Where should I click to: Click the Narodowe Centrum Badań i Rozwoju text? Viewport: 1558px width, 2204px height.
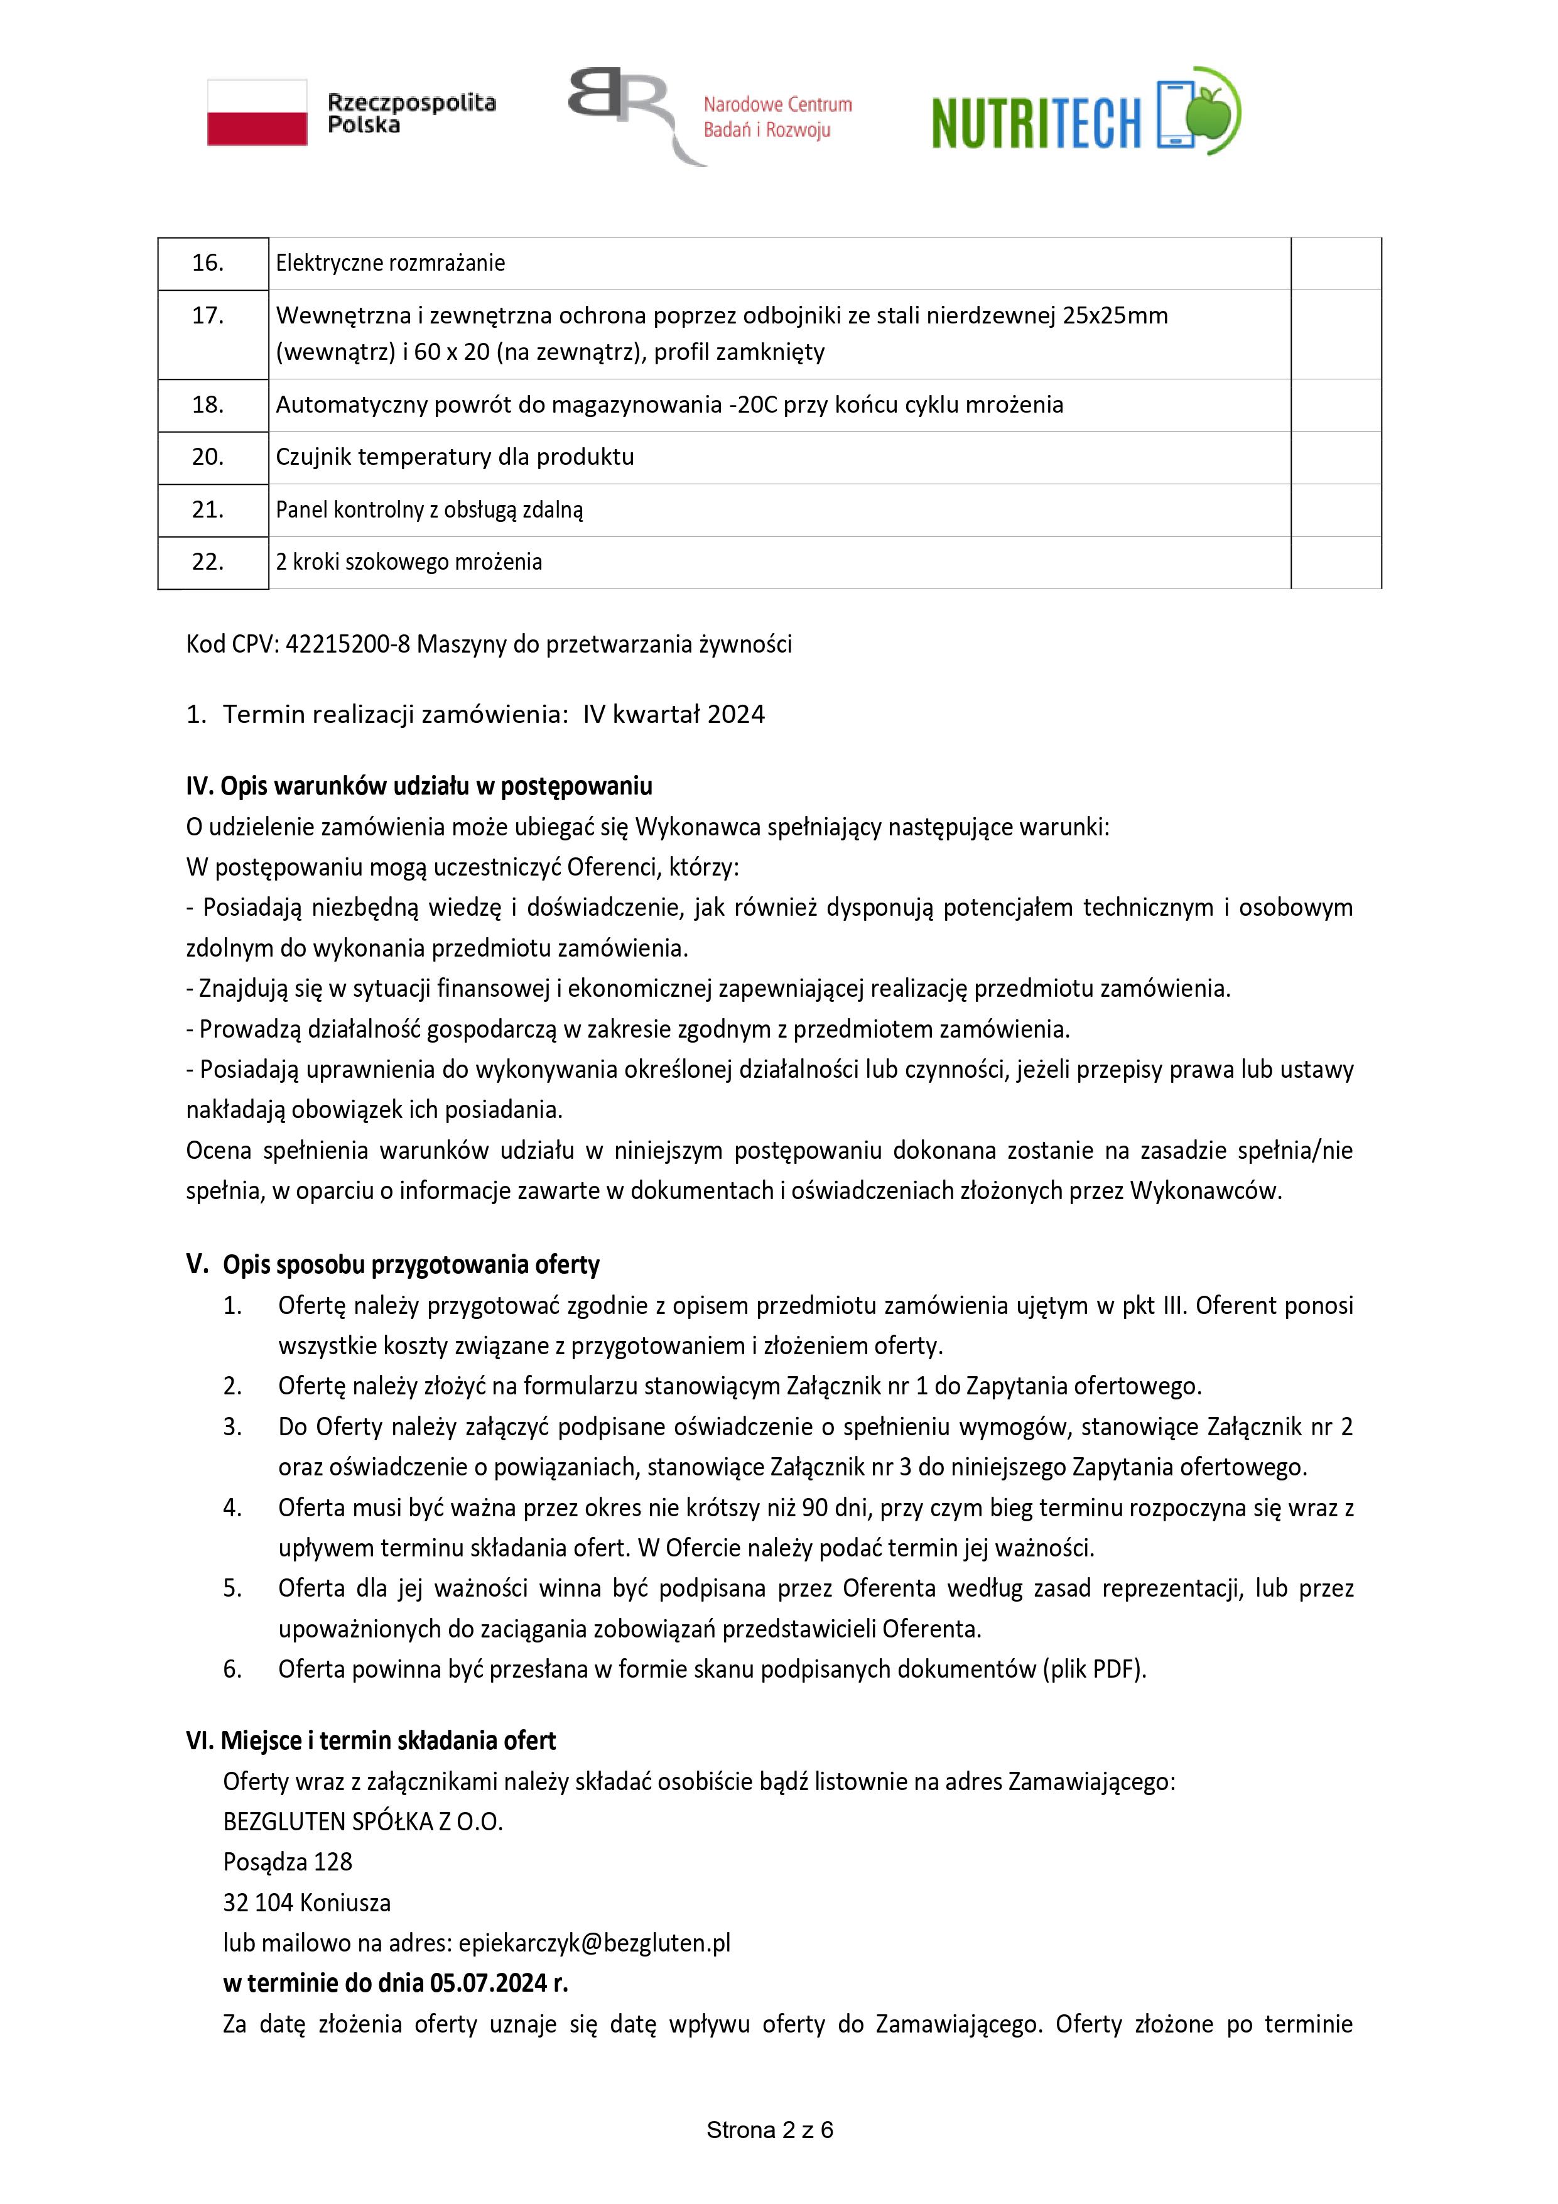[777, 117]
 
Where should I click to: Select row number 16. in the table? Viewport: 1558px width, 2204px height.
[208, 263]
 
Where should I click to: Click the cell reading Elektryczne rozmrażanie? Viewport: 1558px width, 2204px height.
[390, 263]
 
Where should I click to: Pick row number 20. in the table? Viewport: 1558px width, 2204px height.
[208, 457]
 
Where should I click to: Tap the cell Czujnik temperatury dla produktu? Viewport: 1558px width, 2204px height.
[455, 457]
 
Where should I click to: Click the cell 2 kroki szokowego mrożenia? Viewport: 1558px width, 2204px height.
[409, 563]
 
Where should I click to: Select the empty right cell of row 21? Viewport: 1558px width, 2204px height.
[1335, 510]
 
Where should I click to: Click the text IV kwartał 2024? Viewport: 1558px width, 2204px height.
[674, 715]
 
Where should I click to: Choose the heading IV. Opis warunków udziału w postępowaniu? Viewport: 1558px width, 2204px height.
[419, 786]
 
